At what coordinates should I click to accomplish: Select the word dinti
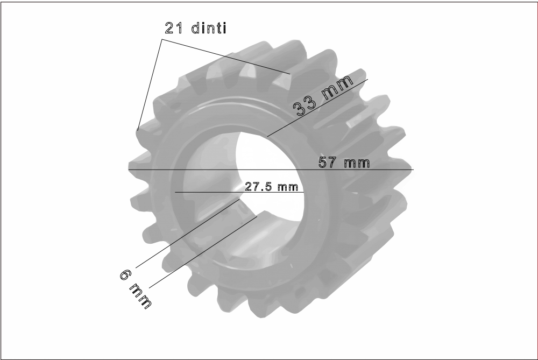click(x=209, y=29)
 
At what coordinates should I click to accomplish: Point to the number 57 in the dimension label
click(x=329, y=163)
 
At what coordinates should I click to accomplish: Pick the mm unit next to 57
click(x=357, y=163)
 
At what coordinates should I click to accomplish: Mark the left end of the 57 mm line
click(x=129, y=170)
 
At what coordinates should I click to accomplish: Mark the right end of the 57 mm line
click(x=413, y=170)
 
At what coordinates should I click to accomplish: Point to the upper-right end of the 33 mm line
click(x=367, y=79)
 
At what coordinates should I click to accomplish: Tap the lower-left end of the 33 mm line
click(x=267, y=137)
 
